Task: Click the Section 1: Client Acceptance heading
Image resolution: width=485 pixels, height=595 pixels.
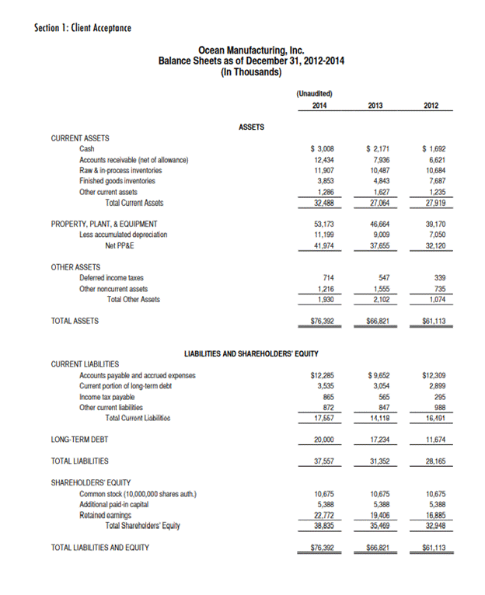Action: point(83,29)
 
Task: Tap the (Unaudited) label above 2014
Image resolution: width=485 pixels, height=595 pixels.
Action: point(314,93)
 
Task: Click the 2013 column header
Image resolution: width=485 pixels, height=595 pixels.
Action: point(375,105)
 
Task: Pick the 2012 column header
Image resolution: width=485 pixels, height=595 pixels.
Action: point(435,105)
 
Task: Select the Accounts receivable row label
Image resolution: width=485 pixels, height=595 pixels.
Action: point(134,159)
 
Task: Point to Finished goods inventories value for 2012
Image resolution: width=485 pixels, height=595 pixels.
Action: point(435,181)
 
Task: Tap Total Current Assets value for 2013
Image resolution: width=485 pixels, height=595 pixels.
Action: point(377,203)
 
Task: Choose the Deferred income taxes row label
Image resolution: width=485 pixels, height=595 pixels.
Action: point(111,277)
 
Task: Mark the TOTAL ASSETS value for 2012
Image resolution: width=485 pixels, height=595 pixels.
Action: point(434,320)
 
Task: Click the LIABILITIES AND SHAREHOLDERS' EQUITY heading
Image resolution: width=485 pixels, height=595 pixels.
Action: point(251,353)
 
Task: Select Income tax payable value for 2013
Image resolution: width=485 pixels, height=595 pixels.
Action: point(379,396)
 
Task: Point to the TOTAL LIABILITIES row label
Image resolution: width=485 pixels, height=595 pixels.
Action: point(80,461)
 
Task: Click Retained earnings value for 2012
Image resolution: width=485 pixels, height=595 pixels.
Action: point(435,514)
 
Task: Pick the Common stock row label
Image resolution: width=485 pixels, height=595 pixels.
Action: point(138,493)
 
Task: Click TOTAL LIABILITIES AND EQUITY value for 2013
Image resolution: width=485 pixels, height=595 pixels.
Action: point(375,547)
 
